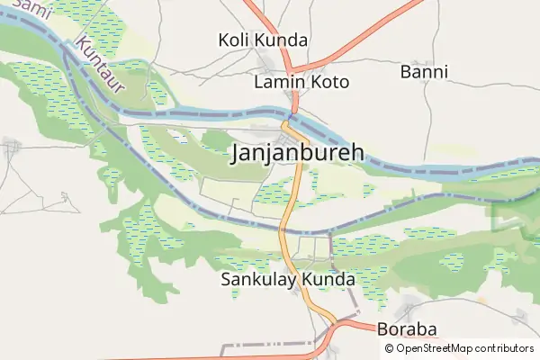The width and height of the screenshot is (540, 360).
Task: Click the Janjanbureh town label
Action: (x=298, y=153)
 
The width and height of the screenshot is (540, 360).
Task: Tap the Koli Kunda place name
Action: (x=263, y=40)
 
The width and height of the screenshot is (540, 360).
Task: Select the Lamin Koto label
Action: (x=301, y=82)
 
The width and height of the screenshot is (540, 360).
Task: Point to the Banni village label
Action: (x=424, y=71)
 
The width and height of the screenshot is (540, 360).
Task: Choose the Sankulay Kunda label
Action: (x=288, y=280)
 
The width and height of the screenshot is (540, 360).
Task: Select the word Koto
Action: (x=329, y=82)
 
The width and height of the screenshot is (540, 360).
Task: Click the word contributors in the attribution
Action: (x=506, y=348)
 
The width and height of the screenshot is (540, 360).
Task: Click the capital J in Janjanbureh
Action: (x=238, y=154)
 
